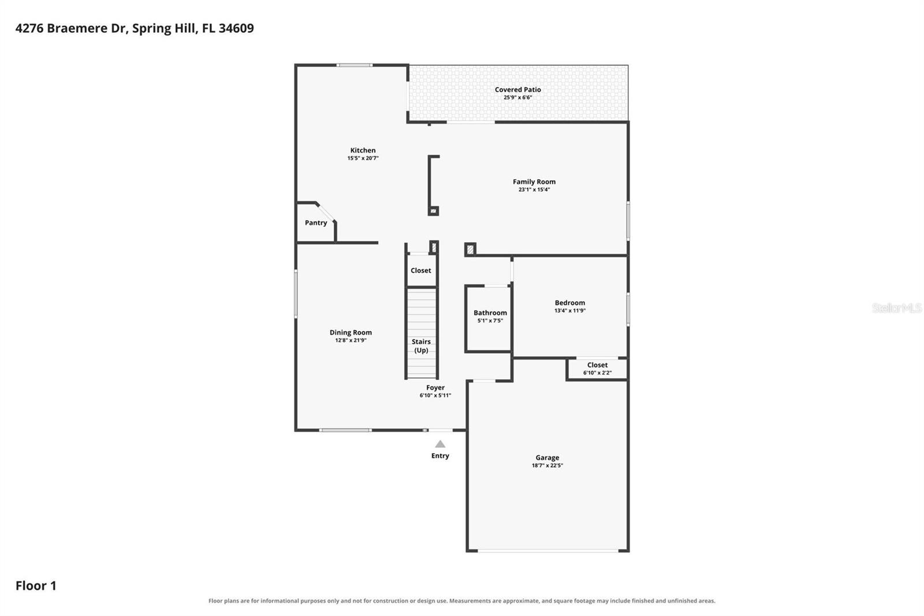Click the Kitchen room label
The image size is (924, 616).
click(x=363, y=150)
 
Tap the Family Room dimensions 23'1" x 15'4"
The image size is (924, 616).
click(x=534, y=190)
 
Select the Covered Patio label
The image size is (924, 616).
click(x=517, y=90)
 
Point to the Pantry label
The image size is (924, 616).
click(x=316, y=223)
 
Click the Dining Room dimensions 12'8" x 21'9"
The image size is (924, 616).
click(x=351, y=340)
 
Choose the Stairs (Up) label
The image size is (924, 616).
click(x=421, y=346)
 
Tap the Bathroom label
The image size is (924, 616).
click(x=490, y=313)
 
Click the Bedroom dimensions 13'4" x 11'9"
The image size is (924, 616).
click(x=569, y=310)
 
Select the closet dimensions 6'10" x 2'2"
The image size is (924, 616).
click(x=597, y=373)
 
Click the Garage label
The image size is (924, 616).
click(x=547, y=458)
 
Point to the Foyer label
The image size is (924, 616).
click(x=435, y=388)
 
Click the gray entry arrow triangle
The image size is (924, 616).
click(x=440, y=444)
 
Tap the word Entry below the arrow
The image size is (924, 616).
click(x=440, y=456)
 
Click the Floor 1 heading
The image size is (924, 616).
click(x=36, y=586)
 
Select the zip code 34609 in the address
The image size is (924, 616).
click(x=236, y=28)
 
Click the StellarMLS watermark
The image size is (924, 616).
click(x=897, y=308)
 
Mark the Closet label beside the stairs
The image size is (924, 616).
click(x=421, y=270)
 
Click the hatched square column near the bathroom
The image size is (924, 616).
click(x=470, y=250)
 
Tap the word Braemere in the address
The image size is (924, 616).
click(x=78, y=28)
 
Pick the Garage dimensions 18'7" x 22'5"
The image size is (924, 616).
click(x=547, y=465)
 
